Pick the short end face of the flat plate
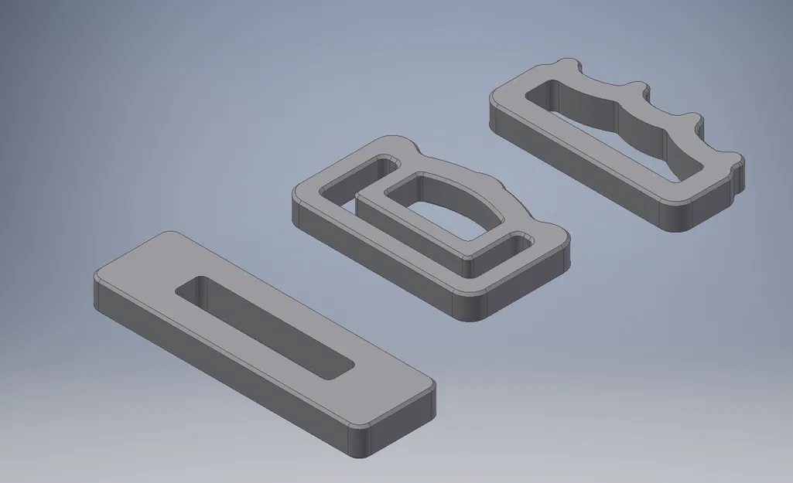pos(398,425)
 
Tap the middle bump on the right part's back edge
pos(638,88)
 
